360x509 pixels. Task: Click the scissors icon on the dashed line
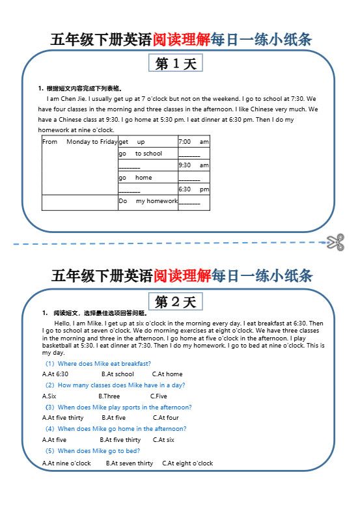[x=336, y=242]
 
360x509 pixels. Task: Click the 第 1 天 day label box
[x=176, y=63]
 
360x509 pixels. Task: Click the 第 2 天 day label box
[x=176, y=302]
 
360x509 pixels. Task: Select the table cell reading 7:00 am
[x=193, y=142]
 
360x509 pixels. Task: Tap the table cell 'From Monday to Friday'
[x=79, y=142]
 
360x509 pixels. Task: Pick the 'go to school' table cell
[x=147, y=154]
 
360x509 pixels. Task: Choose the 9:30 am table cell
[x=193, y=165]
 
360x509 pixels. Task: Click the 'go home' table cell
[x=147, y=178]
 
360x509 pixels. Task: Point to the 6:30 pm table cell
[x=193, y=189]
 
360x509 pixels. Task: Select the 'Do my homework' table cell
[x=148, y=202]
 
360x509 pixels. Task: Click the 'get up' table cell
[x=147, y=142]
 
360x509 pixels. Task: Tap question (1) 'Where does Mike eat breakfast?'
[x=98, y=363]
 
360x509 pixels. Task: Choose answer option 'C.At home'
[x=167, y=374]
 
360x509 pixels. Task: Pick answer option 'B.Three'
[x=109, y=396]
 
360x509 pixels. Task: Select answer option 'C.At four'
[x=166, y=418]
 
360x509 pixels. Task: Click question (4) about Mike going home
[x=115, y=429]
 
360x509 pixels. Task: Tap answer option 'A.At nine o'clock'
[x=67, y=463]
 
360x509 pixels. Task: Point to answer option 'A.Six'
[x=49, y=396]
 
